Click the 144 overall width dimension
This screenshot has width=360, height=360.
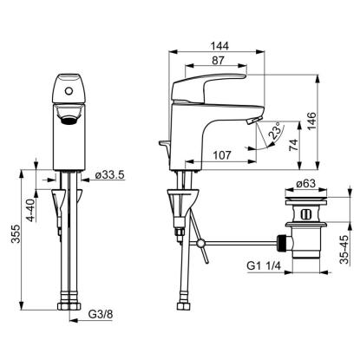pyautogui.click(x=219, y=46)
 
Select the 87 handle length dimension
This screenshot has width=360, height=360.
pyautogui.click(x=218, y=61)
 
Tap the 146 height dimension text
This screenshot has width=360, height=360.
pyautogui.click(x=311, y=121)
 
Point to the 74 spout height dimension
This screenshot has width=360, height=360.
pyautogui.click(x=293, y=145)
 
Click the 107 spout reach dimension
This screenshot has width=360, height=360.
pyautogui.click(x=222, y=155)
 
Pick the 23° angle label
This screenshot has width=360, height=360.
pyautogui.click(x=275, y=130)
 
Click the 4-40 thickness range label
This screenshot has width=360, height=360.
pyautogui.click(x=31, y=210)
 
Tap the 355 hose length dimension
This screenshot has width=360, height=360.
pyautogui.click(x=16, y=233)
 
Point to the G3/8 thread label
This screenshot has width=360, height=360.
pyautogui.click(x=101, y=314)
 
